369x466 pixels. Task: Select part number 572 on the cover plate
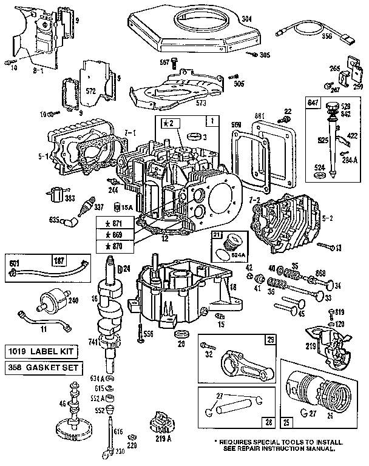pos(93,92)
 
